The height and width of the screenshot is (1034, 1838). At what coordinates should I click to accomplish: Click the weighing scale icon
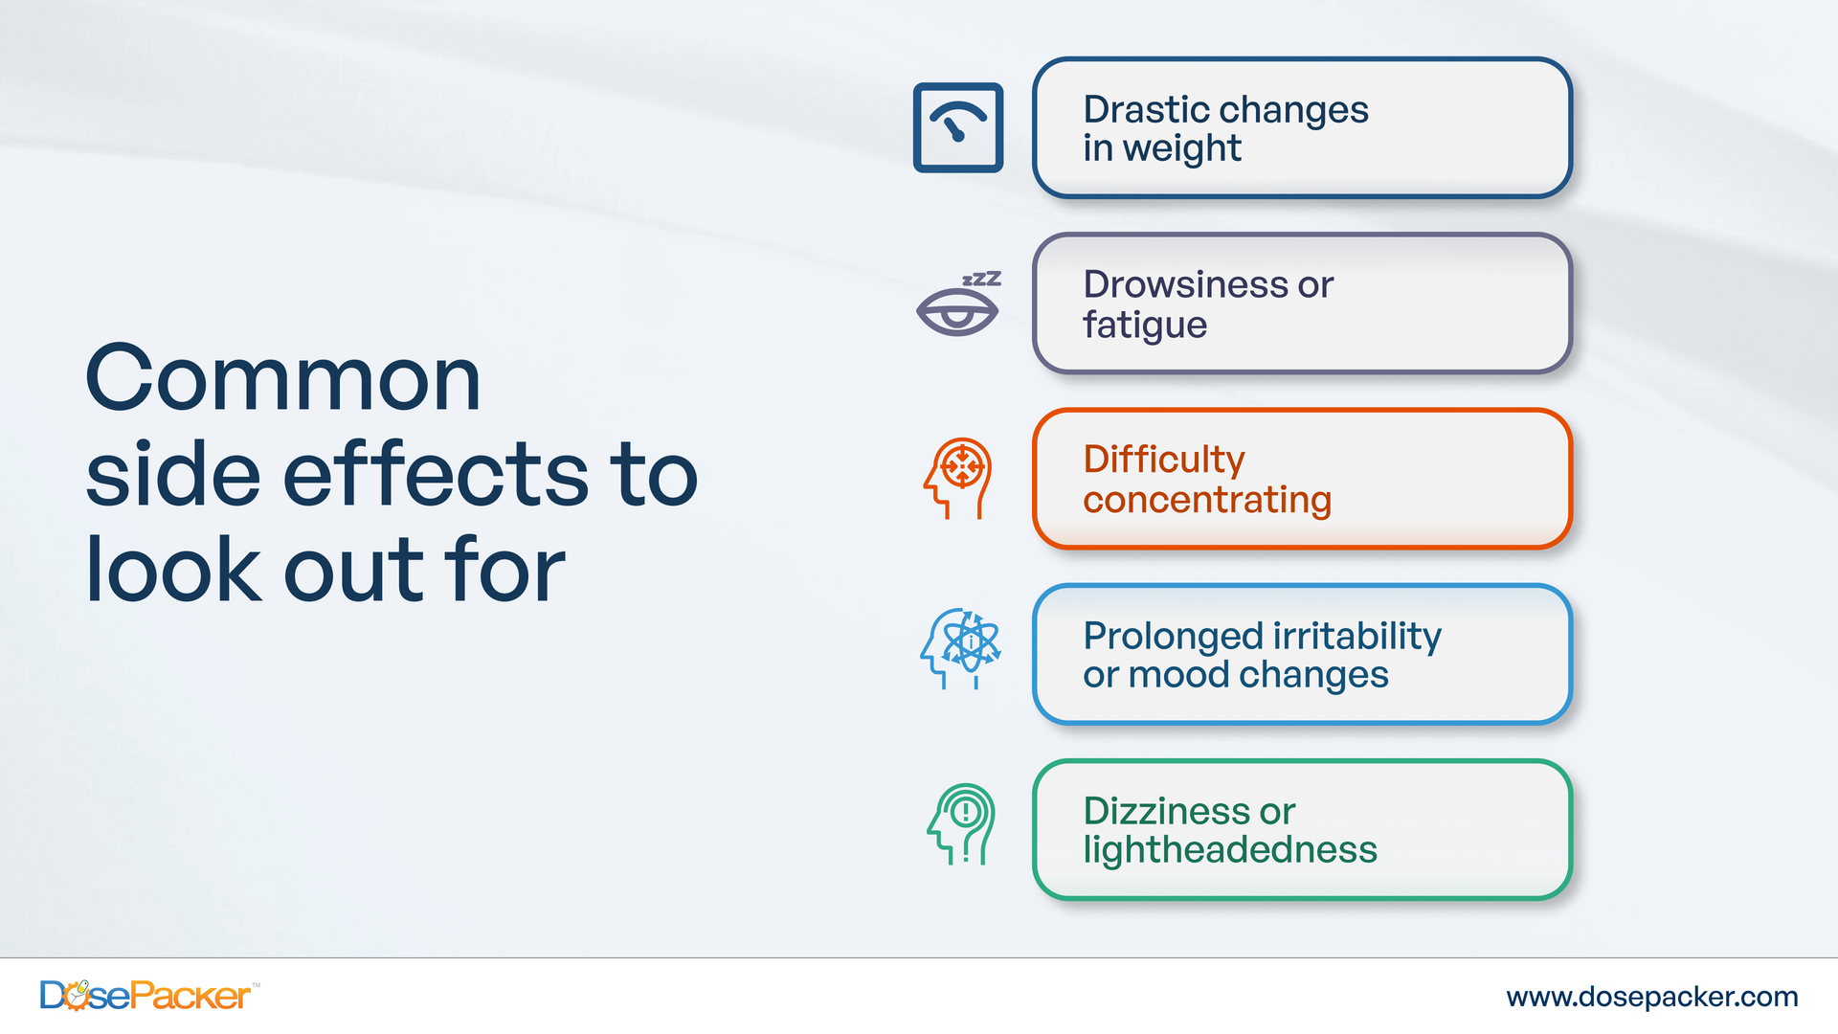tap(958, 127)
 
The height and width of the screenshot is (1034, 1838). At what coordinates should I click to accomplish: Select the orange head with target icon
tap(958, 479)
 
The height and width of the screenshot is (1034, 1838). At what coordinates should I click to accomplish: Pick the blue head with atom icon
tap(960, 649)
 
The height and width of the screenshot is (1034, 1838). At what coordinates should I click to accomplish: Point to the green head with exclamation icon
tap(961, 824)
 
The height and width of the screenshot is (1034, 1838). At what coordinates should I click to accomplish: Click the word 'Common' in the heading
tap(283, 379)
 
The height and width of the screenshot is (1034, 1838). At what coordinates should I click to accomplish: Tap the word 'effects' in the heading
tap(436, 474)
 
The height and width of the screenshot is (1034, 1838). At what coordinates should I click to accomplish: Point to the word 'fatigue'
tap(1145, 326)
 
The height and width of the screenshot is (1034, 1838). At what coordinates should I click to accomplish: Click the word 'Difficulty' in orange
tap(1164, 461)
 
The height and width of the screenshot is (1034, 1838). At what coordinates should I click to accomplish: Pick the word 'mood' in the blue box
tap(1191, 675)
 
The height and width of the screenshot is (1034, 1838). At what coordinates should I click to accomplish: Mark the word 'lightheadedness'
tap(1230, 851)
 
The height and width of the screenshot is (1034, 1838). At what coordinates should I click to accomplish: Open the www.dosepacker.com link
tap(1652, 997)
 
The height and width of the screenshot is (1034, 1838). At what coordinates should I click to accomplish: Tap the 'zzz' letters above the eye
tap(981, 279)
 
